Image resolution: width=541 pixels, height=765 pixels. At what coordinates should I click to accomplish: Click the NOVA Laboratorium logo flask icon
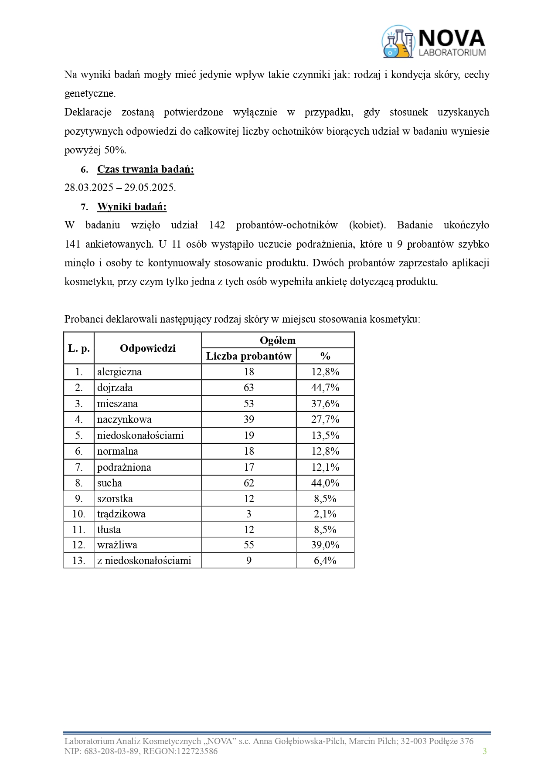click(398, 42)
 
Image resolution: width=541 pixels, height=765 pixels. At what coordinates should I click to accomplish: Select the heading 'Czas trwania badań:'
click(145, 169)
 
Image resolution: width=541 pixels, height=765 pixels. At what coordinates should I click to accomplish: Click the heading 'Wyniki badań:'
click(132, 207)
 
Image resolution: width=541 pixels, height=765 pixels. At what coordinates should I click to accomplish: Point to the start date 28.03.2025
click(89, 188)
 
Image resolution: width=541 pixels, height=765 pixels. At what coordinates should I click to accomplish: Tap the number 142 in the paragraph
click(217, 225)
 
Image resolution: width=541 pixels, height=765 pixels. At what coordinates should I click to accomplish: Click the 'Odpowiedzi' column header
click(148, 348)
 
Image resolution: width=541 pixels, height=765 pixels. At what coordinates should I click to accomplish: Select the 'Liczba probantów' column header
click(248, 356)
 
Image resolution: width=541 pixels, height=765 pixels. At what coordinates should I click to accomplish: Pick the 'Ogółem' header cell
click(278, 340)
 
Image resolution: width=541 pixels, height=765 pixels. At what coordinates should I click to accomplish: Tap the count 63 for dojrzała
click(249, 388)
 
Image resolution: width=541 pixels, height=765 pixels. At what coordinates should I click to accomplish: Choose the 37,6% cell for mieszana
click(325, 404)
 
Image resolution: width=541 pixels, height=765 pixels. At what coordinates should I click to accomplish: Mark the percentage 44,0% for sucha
click(325, 483)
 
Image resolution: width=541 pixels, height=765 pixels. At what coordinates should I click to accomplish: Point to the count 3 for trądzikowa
click(249, 514)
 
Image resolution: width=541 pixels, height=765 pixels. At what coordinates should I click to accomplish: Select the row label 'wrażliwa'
click(117, 545)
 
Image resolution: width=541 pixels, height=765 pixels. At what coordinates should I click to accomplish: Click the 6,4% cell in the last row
click(325, 561)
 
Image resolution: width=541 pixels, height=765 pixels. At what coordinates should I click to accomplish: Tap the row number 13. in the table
click(79, 561)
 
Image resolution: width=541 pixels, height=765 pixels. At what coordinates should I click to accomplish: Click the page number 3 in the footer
click(485, 751)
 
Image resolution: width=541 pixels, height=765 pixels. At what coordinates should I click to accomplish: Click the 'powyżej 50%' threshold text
click(95, 150)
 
